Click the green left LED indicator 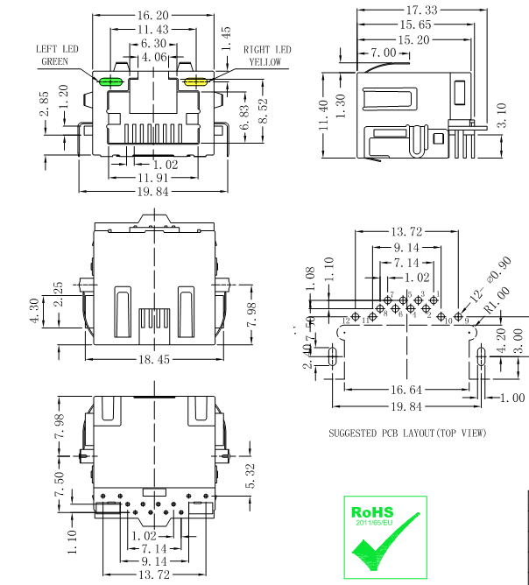click(x=111, y=82)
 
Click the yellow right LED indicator click(x=194, y=82)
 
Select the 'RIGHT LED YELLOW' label click(x=267, y=56)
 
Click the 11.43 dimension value click(x=152, y=29)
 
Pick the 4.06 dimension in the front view click(x=154, y=56)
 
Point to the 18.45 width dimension click(x=154, y=359)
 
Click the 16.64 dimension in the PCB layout click(x=406, y=390)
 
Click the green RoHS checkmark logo click(x=384, y=537)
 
